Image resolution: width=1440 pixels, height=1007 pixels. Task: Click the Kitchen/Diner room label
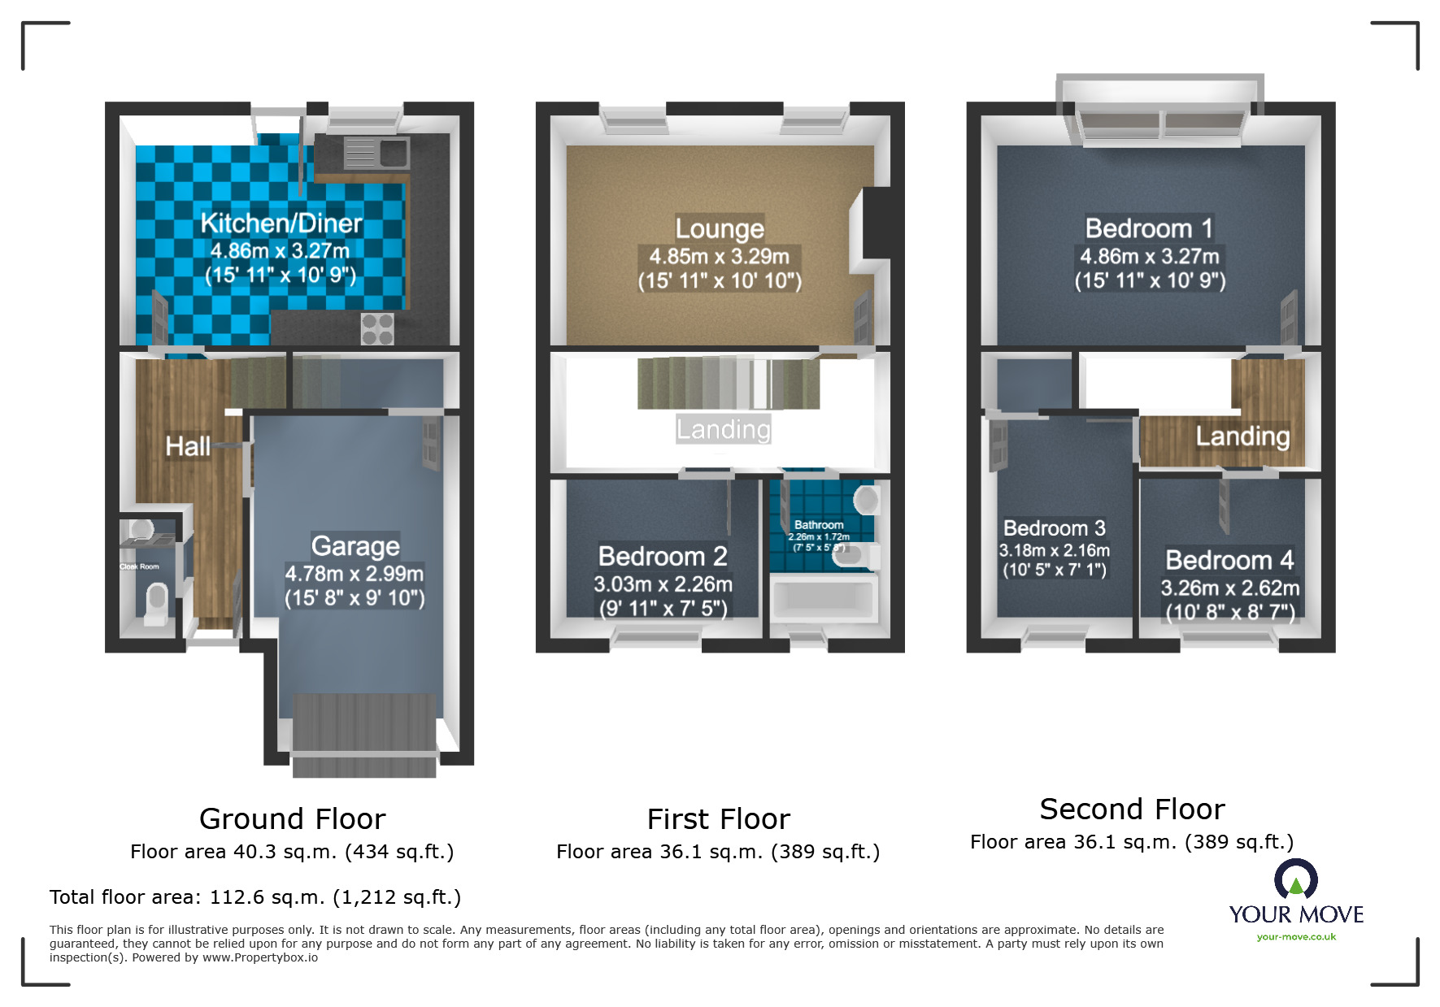pos(281,224)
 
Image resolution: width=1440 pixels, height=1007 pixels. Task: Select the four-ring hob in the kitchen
pos(377,329)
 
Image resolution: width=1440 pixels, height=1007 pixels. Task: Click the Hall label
pos(188,446)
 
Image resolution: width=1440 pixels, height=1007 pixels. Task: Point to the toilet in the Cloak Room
pos(154,605)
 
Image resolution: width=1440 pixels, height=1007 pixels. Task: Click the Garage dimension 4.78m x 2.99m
pos(354,574)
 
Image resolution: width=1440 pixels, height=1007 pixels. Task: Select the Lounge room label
pos(720,228)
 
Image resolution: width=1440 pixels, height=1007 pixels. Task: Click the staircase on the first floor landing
pos(728,383)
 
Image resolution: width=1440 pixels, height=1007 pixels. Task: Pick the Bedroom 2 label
pos(663,557)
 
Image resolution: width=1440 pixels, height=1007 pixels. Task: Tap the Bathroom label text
pos(819,525)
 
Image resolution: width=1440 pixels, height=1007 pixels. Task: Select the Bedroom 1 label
pos(1149,228)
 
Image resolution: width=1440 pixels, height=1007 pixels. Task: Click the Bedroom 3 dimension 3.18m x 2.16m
pos(1054,550)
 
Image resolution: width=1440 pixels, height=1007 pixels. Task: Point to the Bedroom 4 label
pos(1229,560)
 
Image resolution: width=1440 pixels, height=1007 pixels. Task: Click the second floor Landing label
pos(1242,436)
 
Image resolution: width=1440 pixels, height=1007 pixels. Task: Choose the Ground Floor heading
pos(292,818)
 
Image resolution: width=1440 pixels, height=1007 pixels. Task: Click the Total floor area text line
pos(255,897)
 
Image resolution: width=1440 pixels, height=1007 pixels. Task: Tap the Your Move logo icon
pos(1295,880)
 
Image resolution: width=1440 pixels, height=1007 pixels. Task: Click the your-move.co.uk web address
pos(1296,937)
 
